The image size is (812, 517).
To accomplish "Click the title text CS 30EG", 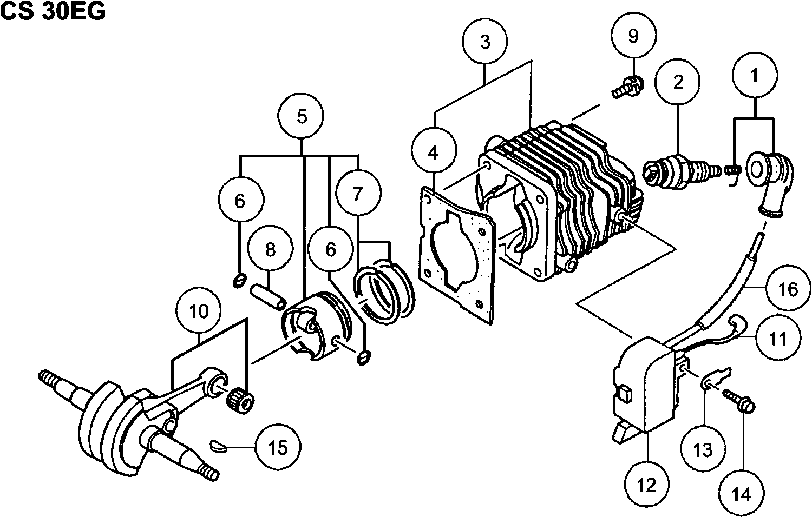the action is (x=53, y=11).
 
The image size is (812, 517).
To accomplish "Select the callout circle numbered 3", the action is (x=485, y=42).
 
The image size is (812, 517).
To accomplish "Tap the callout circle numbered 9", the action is (x=633, y=36).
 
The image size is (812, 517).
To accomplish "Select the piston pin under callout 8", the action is (x=269, y=297).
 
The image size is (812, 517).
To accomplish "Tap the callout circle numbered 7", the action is (x=358, y=194).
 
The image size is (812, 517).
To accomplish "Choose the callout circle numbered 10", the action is (x=199, y=311).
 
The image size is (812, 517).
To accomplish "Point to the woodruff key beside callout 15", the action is (x=219, y=446).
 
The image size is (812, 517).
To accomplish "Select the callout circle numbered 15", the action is (x=278, y=447).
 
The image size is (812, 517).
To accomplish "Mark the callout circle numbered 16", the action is (x=788, y=288).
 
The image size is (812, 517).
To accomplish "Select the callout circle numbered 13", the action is (x=703, y=449).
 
